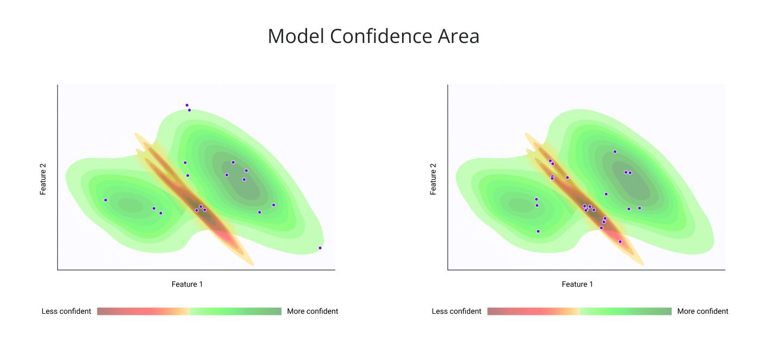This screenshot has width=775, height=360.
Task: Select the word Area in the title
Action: (459, 36)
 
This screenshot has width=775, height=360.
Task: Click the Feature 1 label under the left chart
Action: (187, 284)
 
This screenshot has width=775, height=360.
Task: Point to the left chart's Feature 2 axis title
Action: (43, 177)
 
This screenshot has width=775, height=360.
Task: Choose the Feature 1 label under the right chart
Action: (578, 284)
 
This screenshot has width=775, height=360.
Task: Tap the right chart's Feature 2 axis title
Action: (433, 177)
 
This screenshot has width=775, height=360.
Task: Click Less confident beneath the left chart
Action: (66, 311)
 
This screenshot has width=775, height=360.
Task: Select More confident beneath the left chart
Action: (312, 311)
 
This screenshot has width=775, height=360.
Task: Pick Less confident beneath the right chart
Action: (457, 311)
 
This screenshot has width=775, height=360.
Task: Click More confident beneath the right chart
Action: (703, 311)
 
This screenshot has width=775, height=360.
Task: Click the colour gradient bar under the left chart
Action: (189, 311)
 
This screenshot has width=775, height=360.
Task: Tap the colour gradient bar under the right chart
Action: (579, 311)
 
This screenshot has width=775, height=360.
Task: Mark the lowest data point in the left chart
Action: (320, 248)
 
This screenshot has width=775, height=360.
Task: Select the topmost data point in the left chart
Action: (187, 105)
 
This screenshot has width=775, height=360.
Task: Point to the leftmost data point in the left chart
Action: (105, 200)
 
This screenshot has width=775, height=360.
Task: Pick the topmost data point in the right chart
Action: (615, 152)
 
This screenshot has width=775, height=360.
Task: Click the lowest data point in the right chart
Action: (620, 241)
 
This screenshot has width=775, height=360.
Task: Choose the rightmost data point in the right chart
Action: (640, 208)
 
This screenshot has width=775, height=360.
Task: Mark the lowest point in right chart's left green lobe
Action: (538, 231)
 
